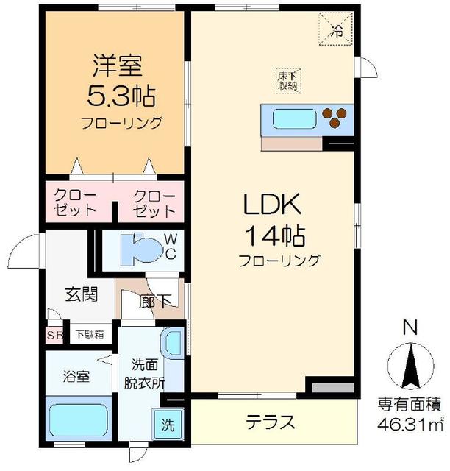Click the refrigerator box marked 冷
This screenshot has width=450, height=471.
pyautogui.click(x=336, y=29)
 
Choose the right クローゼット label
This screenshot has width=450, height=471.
pyautogui.click(x=154, y=203)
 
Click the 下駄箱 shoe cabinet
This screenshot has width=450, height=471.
pyautogui.click(x=89, y=334)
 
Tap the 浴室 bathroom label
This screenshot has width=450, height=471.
pyautogui.click(x=76, y=376)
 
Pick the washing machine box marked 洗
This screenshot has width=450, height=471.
pyautogui.click(x=168, y=425)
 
